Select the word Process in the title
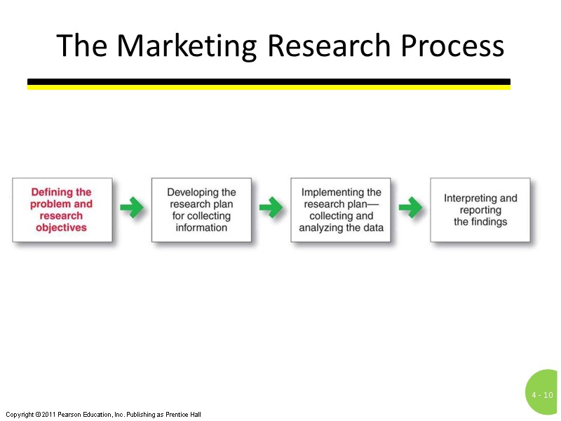tap(452, 46)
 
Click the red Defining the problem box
tap(62, 210)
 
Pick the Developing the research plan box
tap(201, 210)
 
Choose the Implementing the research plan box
tap(341, 210)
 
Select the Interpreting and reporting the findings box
tap(480, 210)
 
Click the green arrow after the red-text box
tap(132, 208)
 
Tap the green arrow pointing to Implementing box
tap(271, 208)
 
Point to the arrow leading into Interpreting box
tap(410, 208)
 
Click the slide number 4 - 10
tap(542, 395)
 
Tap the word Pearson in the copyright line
tap(75, 415)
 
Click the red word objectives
tap(62, 228)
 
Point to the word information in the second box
tap(201, 228)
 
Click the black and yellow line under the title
tap(269, 84)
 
